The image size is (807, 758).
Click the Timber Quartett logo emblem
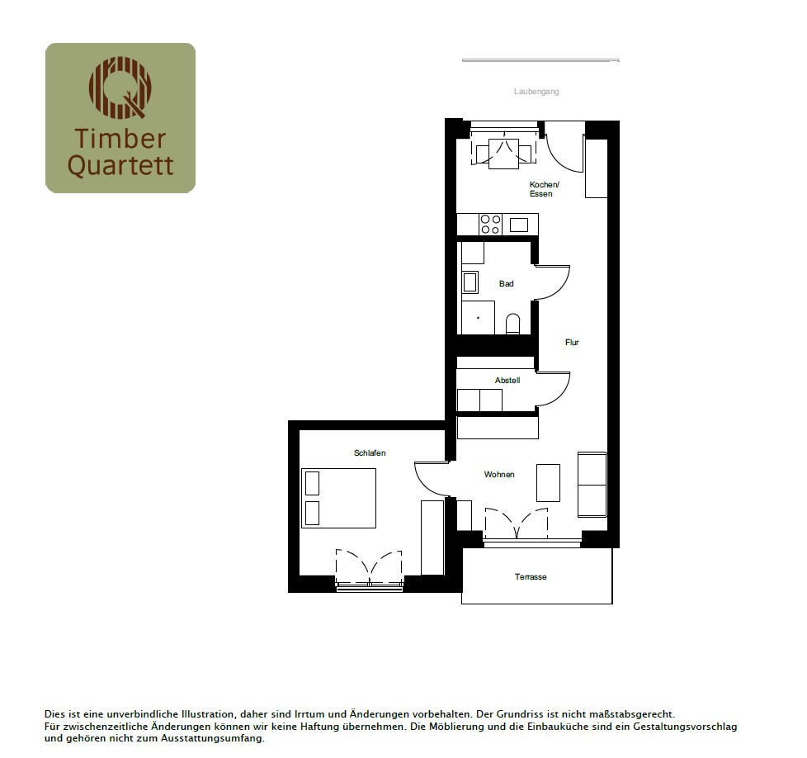[x=120, y=88]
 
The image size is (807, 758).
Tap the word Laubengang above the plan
[x=536, y=92]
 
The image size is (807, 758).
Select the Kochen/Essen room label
[x=544, y=189]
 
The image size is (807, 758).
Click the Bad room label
[x=506, y=284]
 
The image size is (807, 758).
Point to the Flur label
[x=572, y=343]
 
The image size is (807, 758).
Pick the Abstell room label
[x=507, y=381]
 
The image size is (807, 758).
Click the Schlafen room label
[x=370, y=453]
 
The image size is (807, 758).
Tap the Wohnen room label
[x=499, y=474]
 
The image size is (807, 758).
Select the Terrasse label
[x=531, y=576]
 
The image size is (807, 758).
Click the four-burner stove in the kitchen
[x=490, y=225]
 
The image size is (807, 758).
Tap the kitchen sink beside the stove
[x=519, y=225]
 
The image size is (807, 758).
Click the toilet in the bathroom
[x=513, y=324]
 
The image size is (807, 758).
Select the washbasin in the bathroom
[x=470, y=282]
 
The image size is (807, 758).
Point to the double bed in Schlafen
[x=338, y=498]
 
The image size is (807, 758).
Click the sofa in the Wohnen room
[x=592, y=485]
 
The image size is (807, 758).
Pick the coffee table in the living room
[x=548, y=482]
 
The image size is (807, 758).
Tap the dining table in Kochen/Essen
[x=504, y=154]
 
